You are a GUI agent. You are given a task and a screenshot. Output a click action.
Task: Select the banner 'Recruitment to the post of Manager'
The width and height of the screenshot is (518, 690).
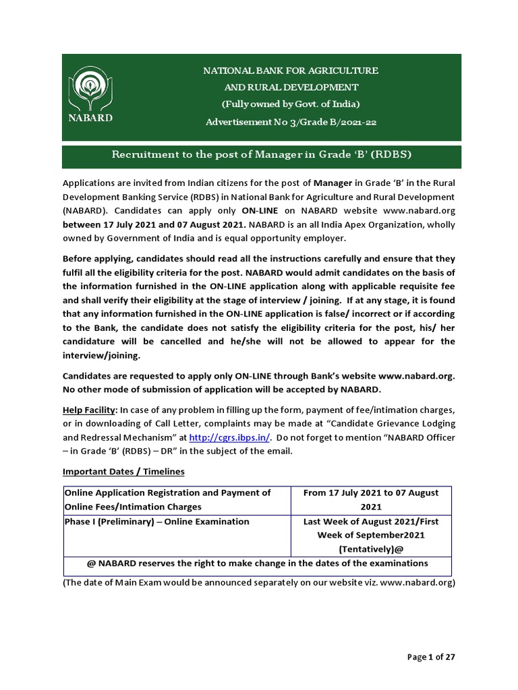tap(261, 155)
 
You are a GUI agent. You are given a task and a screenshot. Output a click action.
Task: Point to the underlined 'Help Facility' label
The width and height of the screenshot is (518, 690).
tap(89, 410)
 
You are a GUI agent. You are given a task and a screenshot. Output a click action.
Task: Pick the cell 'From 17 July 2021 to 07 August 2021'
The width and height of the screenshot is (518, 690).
tap(371, 500)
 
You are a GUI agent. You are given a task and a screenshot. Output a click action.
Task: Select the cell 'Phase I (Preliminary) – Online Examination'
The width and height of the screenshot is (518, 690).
tap(156, 522)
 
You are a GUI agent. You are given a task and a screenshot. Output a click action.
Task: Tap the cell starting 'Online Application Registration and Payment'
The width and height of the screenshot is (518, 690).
tap(167, 500)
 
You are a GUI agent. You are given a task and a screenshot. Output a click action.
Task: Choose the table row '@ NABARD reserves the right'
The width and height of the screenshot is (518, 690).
tap(257, 563)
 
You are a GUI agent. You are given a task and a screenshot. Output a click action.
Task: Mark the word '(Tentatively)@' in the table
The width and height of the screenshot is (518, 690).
tap(371, 548)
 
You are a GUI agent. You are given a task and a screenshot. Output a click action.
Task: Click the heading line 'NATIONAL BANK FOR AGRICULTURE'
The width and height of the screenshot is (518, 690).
tap(291, 70)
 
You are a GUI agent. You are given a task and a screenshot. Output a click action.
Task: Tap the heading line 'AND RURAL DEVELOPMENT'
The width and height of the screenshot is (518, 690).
tap(291, 87)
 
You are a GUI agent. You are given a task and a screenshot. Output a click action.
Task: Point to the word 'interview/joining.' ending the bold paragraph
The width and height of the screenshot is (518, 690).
tap(101, 355)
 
